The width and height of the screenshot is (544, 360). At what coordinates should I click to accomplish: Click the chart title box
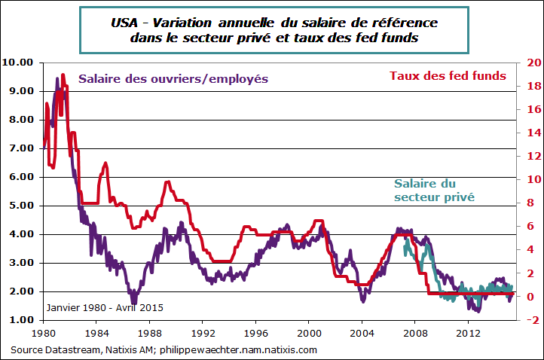(274, 30)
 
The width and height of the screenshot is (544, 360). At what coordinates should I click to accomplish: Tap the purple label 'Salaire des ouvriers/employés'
(173, 79)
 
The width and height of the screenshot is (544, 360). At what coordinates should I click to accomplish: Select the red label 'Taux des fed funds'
(447, 75)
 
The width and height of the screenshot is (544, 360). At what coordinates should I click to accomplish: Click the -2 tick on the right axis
(529, 320)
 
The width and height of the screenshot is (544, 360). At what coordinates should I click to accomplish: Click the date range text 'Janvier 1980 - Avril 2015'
(104, 307)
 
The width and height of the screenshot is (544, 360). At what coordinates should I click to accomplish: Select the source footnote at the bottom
(164, 349)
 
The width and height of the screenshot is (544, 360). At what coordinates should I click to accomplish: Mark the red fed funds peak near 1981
(63, 75)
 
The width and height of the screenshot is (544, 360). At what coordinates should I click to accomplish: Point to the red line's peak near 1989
(167, 182)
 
